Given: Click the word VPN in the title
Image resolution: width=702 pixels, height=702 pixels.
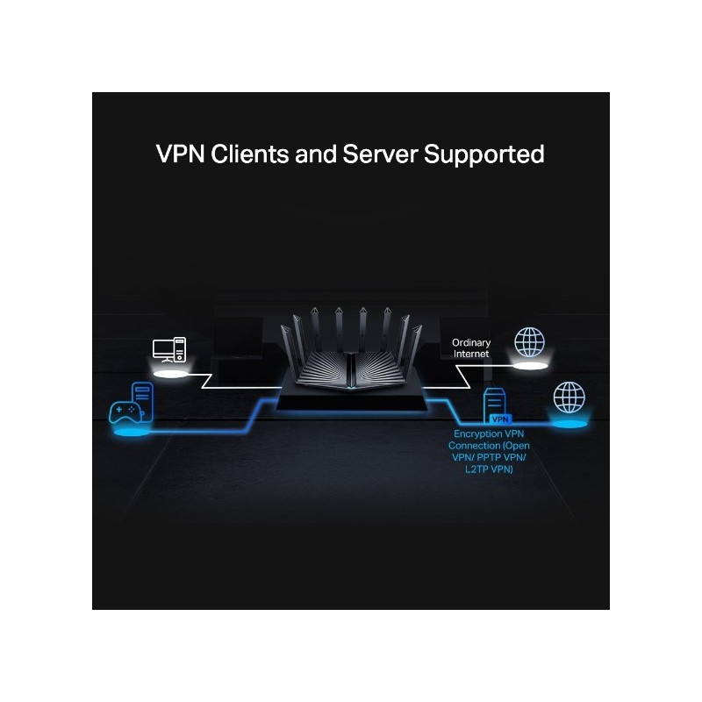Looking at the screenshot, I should (183, 154).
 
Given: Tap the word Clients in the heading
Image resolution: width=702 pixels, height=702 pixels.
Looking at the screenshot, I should (254, 154).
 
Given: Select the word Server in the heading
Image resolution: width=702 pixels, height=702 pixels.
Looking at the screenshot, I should (378, 154).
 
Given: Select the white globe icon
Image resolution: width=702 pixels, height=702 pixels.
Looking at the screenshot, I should (528, 341).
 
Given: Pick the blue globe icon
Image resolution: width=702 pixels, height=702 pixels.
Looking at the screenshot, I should (569, 398).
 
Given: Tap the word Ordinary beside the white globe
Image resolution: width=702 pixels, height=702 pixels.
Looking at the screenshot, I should (471, 342).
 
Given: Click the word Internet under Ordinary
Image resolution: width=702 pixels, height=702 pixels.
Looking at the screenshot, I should (471, 354).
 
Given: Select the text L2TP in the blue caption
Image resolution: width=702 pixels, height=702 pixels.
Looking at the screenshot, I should (478, 469).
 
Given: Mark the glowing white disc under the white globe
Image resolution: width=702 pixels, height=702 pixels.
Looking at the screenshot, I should (528, 367).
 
